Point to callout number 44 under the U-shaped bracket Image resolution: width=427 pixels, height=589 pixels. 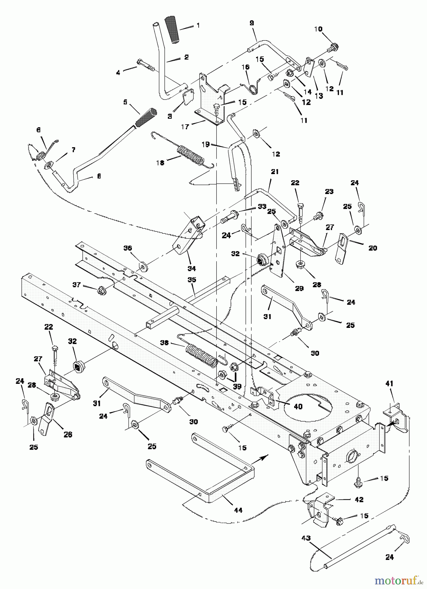238,510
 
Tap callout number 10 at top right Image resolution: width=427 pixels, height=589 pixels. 318,29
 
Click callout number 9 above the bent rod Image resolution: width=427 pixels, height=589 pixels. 251,23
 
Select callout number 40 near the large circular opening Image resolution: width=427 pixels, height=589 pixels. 298,407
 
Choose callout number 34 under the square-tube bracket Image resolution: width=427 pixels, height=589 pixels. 191,268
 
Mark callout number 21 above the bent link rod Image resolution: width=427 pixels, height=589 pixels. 275,172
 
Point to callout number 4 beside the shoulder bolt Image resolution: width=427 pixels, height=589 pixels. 118,72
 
